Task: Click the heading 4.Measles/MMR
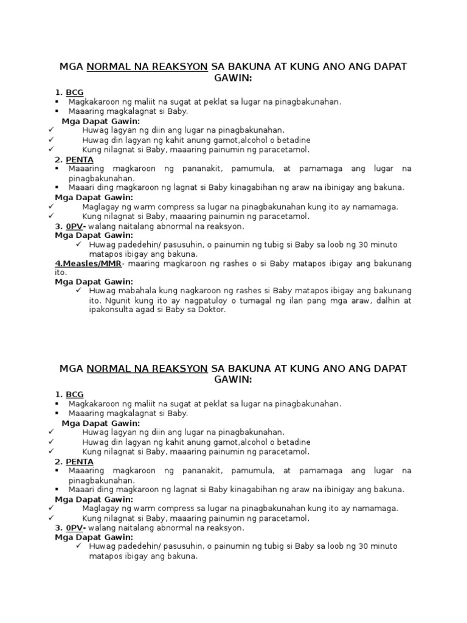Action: pyautogui.click(x=88, y=263)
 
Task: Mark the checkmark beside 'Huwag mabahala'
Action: pyautogui.click(x=79, y=291)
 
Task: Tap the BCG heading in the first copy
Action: pyautogui.click(x=75, y=92)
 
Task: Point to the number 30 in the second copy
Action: pyautogui.click(x=358, y=546)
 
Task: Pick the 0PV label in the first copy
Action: pyautogui.click(x=75, y=226)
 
